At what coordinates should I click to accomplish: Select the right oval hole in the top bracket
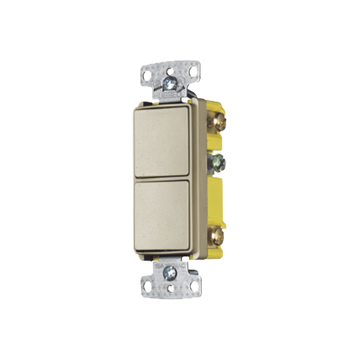pos(193,72)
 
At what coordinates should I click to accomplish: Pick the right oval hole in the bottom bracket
pos(194,286)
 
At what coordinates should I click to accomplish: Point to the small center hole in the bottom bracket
pos(170,288)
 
